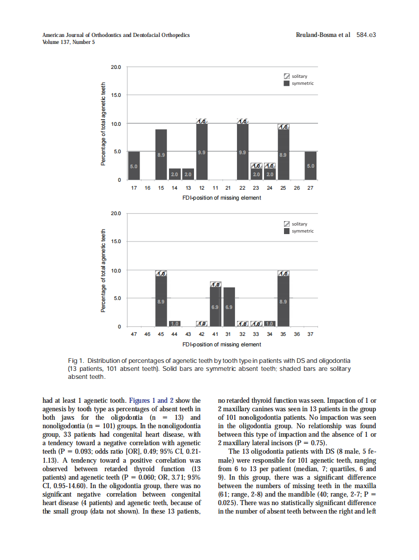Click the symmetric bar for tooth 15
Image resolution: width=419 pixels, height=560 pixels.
(x=161, y=154)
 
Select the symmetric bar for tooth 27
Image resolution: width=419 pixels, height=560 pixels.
(x=310, y=166)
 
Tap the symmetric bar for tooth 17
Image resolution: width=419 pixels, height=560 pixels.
(x=134, y=166)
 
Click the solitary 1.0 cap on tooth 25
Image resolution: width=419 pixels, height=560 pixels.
(x=283, y=127)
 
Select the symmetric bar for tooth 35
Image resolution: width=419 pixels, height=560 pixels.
(x=283, y=301)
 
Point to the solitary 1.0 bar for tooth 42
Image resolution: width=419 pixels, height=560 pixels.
(x=202, y=324)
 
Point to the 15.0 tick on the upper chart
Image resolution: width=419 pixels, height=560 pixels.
(x=115, y=95)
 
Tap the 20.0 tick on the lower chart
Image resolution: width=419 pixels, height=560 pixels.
(x=115, y=214)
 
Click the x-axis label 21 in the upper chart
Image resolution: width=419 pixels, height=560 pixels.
(x=228, y=189)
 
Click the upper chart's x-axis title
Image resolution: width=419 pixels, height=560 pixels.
(x=221, y=198)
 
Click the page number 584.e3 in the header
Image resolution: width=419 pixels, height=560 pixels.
(x=366, y=35)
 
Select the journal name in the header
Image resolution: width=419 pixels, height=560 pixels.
(x=116, y=35)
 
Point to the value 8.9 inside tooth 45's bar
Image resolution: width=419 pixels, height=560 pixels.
(x=161, y=301)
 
